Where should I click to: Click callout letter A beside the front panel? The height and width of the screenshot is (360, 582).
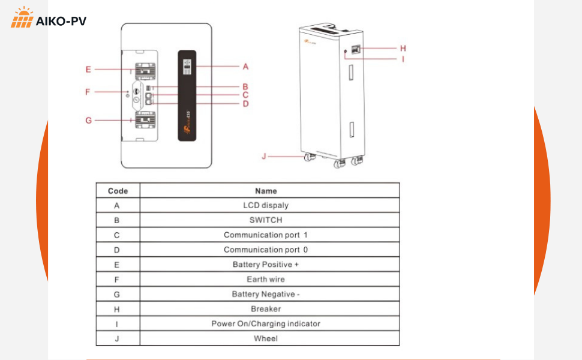pyautogui.click(x=245, y=66)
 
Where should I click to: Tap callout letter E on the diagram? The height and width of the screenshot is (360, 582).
pyautogui.click(x=88, y=70)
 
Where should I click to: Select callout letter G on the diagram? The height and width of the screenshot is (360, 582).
pyautogui.click(x=88, y=120)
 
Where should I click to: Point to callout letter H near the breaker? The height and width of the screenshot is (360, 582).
pyautogui.click(x=403, y=48)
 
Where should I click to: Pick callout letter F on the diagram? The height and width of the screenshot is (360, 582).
pyautogui.click(x=88, y=92)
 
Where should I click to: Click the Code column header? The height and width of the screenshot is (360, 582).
pyautogui.click(x=118, y=191)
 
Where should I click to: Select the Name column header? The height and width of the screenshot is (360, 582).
pyautogui.click(x=266, y=191)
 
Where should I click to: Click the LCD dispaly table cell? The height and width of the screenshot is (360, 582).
pyautogui.click(x=266, y=205)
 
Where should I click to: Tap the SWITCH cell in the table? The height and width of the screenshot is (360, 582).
pyautogui.click(x=266, y=220)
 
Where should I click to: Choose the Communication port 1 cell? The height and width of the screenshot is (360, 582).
pyautogui.click(x=266, y=235)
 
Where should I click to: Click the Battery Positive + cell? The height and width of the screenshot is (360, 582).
pyautogui.click(x=266, y=265)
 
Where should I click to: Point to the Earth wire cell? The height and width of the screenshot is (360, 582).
pyautogui.click(x=266, y=279)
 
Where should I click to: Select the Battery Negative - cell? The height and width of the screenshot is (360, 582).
pyautogui.click(x=266, y=294)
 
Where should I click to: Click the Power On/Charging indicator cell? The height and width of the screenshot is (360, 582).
pyautogui.click(x=266, y=323)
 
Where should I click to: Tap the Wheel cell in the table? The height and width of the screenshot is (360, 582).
pyautogui.click(x=266, y=338)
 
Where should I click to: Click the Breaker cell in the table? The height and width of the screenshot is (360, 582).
pyautogui.click(x=266, y=309)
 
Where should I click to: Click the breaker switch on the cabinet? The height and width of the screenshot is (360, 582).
pyautogui.click(x=356, y=50)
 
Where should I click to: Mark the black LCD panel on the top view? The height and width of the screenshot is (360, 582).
pyautogui.click(x=187, y=95)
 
